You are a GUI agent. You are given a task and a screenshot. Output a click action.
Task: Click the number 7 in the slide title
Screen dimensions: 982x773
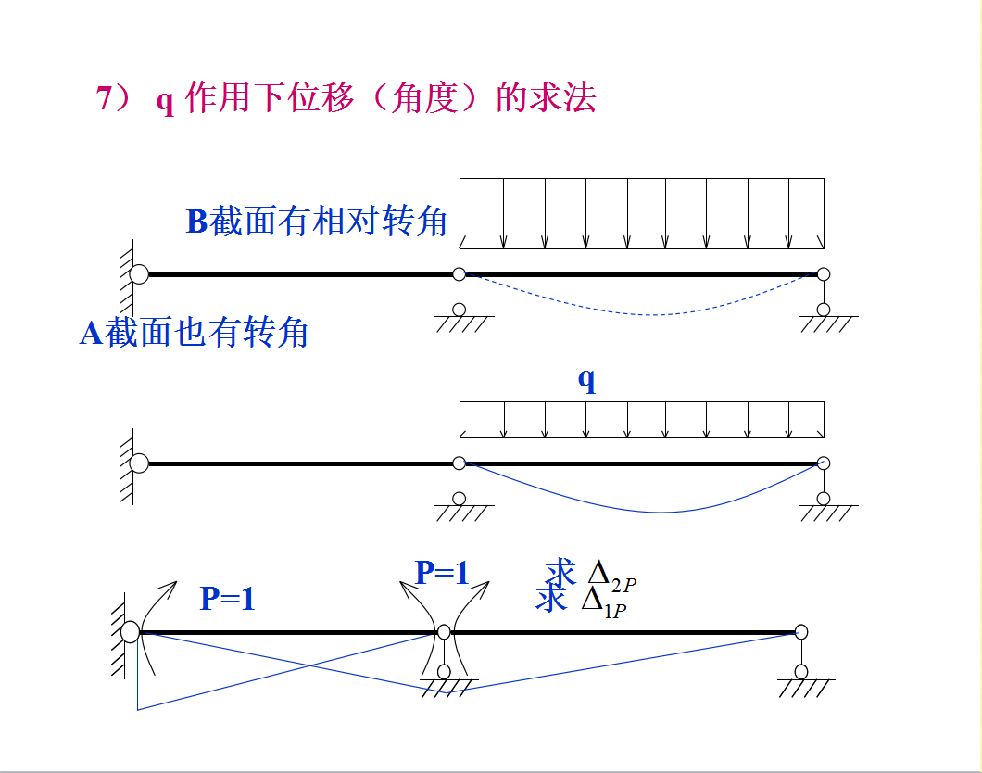(x=104, y=98)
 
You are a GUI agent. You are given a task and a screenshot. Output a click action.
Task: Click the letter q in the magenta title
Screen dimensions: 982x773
(x=165, y=100)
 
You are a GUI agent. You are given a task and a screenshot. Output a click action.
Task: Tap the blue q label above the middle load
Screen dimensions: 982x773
(x=586, y=379)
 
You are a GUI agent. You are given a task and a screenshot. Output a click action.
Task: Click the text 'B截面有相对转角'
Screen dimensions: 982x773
(x=317, y=222)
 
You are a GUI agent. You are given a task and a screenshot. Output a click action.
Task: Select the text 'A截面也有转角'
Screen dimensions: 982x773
(x=194, y=333)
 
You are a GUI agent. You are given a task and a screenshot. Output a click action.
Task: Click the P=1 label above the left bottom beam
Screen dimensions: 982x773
(x=227, y=600)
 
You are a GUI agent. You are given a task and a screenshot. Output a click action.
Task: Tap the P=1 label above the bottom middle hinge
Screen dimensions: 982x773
(x=442, y=573)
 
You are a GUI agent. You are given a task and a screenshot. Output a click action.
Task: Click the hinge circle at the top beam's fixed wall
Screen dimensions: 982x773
(x=139, y=273)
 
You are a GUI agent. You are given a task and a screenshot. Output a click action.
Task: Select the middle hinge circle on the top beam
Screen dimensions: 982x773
(x=459, y=274)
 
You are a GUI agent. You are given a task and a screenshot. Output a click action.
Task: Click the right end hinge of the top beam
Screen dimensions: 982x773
(x=824, y=274)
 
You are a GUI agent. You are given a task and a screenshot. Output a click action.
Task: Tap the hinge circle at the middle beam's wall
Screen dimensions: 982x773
(x=139, y=463)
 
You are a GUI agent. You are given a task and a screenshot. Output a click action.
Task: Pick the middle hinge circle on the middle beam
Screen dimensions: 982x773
(x=459, y=463)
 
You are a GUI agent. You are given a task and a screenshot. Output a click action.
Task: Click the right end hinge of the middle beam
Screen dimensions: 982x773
(x=824, y=463)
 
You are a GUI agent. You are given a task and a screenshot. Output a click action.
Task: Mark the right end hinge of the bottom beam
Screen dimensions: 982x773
(x=801, y=632)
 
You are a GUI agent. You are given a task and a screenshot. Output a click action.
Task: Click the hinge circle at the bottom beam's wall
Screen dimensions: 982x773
(x=131, y=632)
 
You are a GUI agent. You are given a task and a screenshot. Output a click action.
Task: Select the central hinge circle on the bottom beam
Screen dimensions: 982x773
(x=444, y=632)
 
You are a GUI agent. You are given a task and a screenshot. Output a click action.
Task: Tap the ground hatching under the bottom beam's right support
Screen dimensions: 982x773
(x=804, y=688)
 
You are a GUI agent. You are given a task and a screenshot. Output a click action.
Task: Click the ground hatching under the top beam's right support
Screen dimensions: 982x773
(x=827, y=324)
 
